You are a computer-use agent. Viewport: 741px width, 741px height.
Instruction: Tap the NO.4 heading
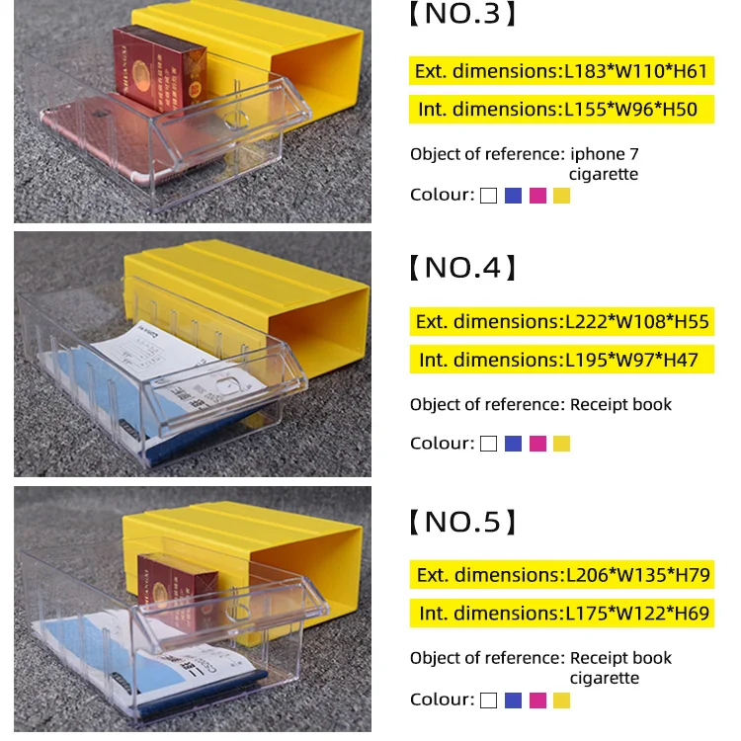click(461, 267)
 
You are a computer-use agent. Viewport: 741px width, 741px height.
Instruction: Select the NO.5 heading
click(461, 522)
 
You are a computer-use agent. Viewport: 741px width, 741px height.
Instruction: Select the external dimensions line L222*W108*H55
click(562, 321)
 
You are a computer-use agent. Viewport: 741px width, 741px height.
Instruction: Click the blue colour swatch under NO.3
click(513, 196)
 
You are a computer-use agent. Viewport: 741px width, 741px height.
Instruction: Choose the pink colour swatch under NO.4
click(537, 444)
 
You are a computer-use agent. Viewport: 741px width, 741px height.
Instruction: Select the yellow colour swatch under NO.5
click(561, 700)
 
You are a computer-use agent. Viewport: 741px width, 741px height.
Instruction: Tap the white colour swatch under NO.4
click(488, 444)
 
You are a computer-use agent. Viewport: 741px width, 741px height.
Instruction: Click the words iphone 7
click(604, 154)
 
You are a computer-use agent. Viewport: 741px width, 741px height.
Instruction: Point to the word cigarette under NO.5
click(604, 678)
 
